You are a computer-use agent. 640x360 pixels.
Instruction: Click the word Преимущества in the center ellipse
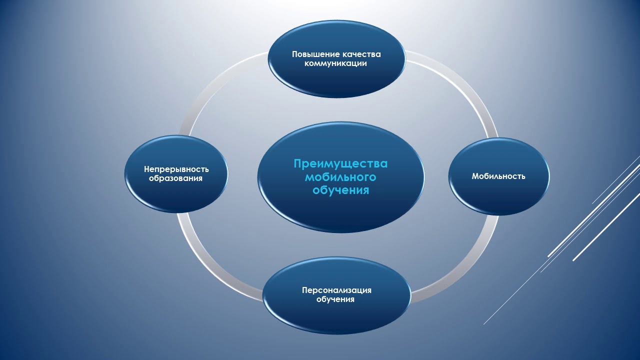[x=340, y=164]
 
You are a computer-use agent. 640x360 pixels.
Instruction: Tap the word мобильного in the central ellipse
[x=340, y=177]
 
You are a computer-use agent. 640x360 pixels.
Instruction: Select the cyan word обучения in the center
[x=340, y=190]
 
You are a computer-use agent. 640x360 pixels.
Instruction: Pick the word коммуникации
[x=336, y=63]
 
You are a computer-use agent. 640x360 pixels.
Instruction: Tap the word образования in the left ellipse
[x=175, y=178]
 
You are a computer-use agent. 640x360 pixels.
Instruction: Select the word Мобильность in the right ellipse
[x=498, y=176]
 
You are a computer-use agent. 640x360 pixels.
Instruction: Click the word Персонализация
[x=336, y=290]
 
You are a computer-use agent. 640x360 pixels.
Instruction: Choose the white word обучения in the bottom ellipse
[x=335, y=299]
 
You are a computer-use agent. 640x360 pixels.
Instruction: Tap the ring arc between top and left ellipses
[x=215, y=85]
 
